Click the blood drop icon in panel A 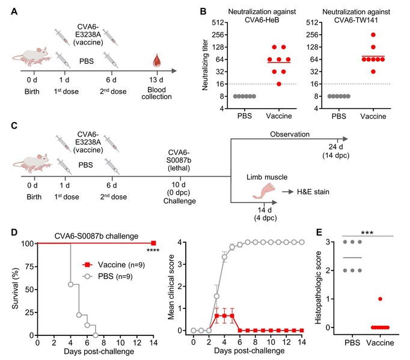tap(157, 61)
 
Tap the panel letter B tap(203, 12)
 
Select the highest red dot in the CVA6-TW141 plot tap(373, 35)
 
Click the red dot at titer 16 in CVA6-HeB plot tap(279, 84)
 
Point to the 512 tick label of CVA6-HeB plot tap(218, 22)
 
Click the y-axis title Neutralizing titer tap(205, 65)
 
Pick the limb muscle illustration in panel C tap(264, 191)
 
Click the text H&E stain tap(313, 192)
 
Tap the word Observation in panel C tap(290, 135)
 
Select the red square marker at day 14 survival tap(153, 243)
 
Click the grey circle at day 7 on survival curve tap(96, 335)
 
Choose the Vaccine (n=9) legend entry tap(114, 265)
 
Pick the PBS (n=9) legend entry tap(108, 276)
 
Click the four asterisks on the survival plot tap(153, 251)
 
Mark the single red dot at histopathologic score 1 tap(380, 299)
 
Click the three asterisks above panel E tap(367, 233)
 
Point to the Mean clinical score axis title tap(171, 287)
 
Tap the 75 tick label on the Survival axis tap(29, 267)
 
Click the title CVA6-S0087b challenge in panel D tap(96, 236)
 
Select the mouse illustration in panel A tap(31, 56)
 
